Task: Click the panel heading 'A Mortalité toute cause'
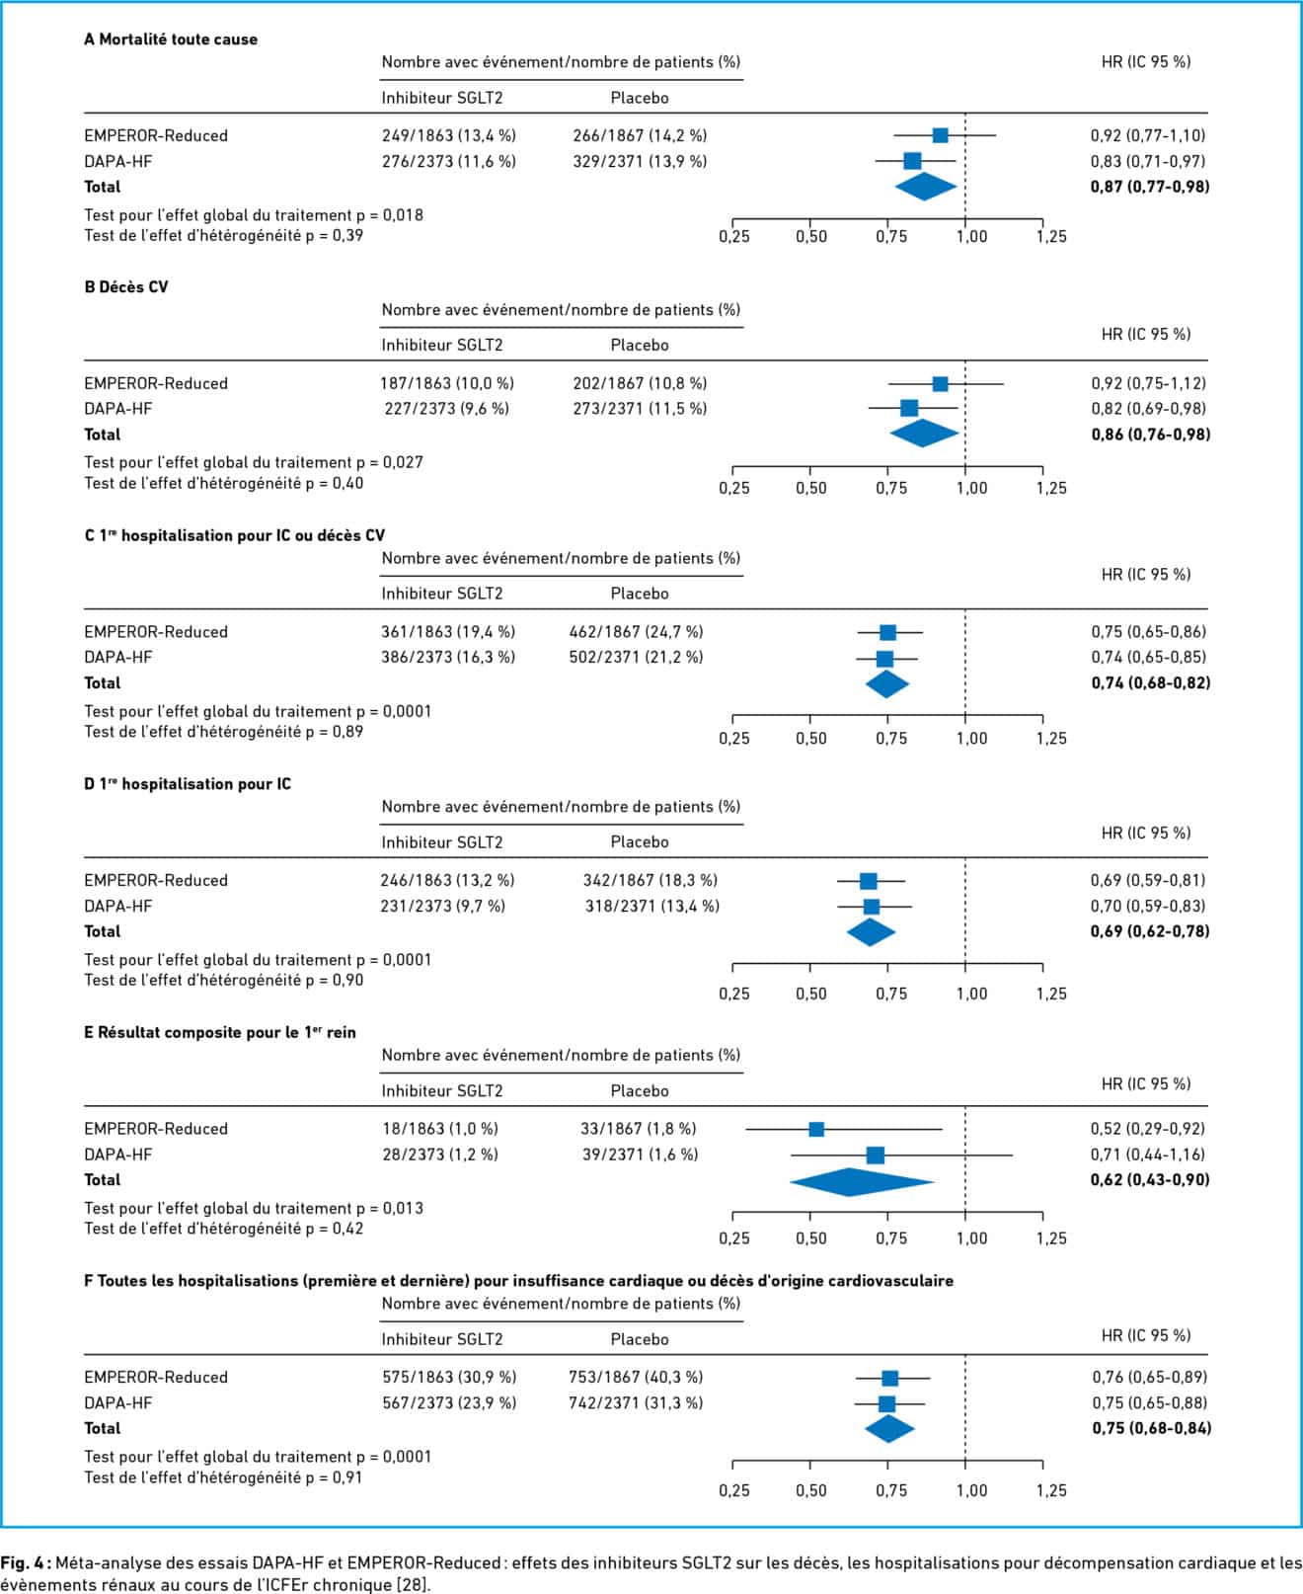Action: coord(171,40)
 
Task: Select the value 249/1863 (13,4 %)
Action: coord(448,135)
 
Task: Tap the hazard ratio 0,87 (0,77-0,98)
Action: coord(1150,187)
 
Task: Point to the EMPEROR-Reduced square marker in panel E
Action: coord(816,1129)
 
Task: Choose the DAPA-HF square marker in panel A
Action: coord(912,161)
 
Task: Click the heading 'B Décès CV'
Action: coord(126,287)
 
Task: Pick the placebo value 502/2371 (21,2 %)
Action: coord(636,657)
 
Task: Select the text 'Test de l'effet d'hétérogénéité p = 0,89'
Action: coord(224,732)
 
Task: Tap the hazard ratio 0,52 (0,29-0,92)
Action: coord(1148,1129)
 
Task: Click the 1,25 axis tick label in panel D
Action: coord(1051,994)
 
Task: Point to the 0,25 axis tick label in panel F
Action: coord(733,1490)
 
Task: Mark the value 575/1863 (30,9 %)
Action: coord(449,1377)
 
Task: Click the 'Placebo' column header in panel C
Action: coord(640,594)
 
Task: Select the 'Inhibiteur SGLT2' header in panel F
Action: coord(442,1339)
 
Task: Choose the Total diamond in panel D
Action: coord(871,932)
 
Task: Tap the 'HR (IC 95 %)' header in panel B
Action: coord(1146,334)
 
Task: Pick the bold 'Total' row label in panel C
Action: coord(103,682)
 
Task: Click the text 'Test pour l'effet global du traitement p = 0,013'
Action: coord(254,1208)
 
